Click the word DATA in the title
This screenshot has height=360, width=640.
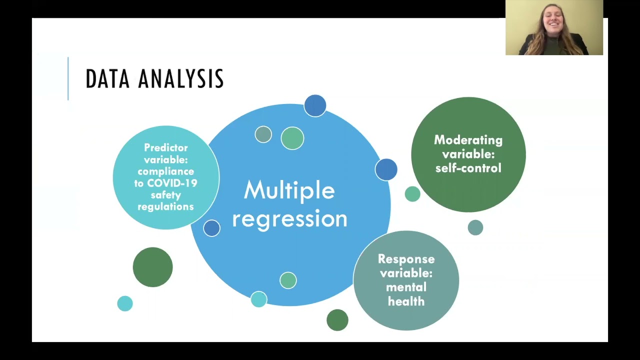coord(107,79)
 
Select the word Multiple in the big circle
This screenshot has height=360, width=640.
coord(289,191)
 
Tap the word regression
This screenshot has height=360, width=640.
coord(289,219)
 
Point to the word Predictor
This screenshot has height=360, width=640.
coord(166,148)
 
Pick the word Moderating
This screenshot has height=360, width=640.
coord(468,140)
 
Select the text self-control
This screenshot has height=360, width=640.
coord(468,168)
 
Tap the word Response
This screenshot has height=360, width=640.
coord(406,259)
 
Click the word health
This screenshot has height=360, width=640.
coord(406,301)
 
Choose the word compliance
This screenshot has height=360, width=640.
coord(166,171)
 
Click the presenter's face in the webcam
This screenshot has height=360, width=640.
coord(553,22)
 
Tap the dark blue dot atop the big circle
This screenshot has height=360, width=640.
coord(315,105)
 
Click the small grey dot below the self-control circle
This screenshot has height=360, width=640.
coord(475,227)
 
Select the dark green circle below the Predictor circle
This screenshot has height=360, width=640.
coord(152,267)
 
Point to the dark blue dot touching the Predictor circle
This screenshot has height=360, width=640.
coord(211,228)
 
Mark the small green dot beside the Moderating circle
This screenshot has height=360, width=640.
coord(412,194)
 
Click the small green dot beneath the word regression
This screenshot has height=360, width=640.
coord(288,280)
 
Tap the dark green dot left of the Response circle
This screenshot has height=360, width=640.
coord(337,320)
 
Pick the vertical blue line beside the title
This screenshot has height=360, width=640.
coord(68,78)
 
